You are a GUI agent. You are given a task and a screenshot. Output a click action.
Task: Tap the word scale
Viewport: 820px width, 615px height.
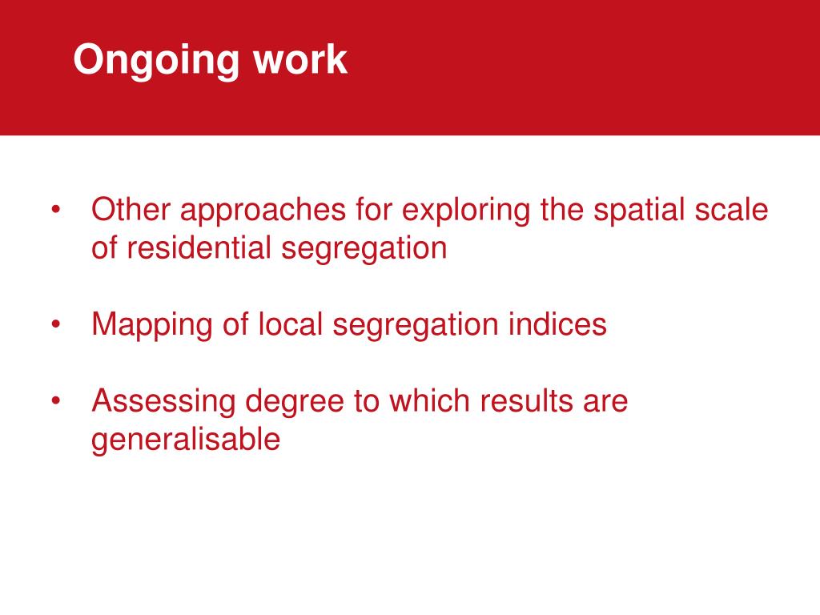pyautogui.click(x=734, y=210)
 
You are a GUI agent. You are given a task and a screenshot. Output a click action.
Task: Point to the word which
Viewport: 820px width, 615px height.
pyautogui.click(x=432, y=400)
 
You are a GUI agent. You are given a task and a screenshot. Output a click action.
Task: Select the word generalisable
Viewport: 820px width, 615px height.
pyautogui.click(x=186, y=440)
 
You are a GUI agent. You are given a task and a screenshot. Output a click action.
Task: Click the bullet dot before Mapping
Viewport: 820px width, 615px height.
pyautogui.click(x=55, y=325)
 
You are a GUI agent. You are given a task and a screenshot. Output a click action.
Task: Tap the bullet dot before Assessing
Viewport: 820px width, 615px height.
pyautogui.click(x=55, y=400)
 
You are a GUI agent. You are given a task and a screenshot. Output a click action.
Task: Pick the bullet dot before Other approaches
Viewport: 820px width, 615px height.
pyautogui.click(x=55, y=211)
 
